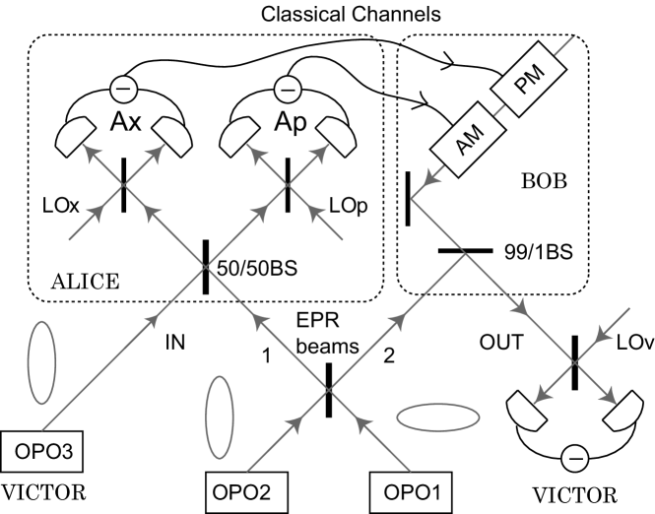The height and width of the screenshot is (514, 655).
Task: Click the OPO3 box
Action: [x=41, y=451]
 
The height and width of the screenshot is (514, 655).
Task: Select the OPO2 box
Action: [x=246, y=492]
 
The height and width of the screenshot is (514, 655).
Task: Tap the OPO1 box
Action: [x=411, y=492]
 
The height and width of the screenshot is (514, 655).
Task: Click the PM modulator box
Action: [x=529, y=79]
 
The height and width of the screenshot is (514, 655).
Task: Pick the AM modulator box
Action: [x=469, y=139]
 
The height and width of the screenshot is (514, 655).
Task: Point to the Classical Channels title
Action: [x=351, y=14]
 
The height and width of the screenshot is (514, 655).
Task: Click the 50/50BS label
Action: [x=257, y=268]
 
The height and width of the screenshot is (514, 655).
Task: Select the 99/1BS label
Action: [x=539, y=252]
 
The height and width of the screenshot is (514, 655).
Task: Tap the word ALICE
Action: [x=86, y=282]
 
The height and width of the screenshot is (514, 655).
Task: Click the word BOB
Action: [x=545, y=181]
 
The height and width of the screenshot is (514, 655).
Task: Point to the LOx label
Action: [x=60, y=206]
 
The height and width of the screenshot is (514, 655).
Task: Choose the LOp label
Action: [x=349, y=206]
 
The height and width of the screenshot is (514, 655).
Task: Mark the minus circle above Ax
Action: [x=123, y=89]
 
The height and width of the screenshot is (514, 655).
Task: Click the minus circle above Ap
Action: [x=288, y=90]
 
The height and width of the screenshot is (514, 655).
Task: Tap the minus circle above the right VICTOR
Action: [x=575, y=459]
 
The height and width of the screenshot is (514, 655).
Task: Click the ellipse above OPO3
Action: [x=41, y=362]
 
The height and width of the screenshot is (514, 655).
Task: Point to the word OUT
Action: [x=501, y=343]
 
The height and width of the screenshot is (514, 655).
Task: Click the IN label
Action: [x=175, y=343]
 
